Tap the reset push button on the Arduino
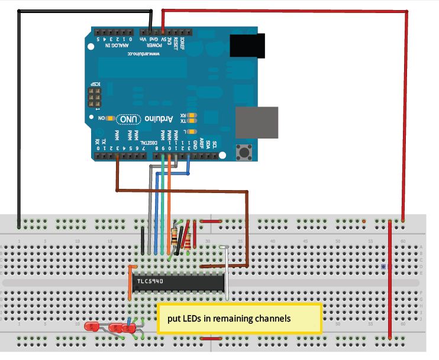pos(244,152)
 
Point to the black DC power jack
pos(244,45)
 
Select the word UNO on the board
pos(130,119)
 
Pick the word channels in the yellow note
pos(270,319)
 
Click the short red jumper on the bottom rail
pos(209,339)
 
